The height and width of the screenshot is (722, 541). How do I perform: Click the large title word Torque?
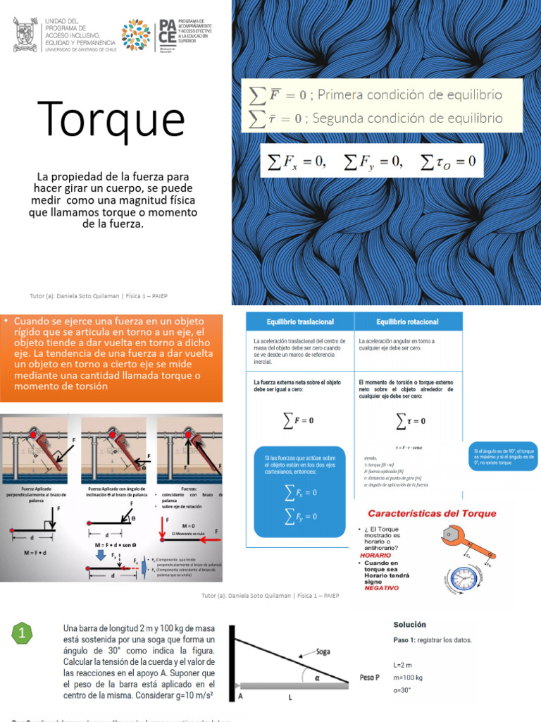point(111,119)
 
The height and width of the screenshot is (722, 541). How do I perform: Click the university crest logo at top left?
point(27,35)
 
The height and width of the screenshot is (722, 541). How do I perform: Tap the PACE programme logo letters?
point(168,35)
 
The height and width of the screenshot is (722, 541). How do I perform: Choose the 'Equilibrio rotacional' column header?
point(407,322)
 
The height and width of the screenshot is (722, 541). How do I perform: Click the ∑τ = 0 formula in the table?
point(411,421)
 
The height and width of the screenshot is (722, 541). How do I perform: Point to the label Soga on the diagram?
point(323,651)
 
